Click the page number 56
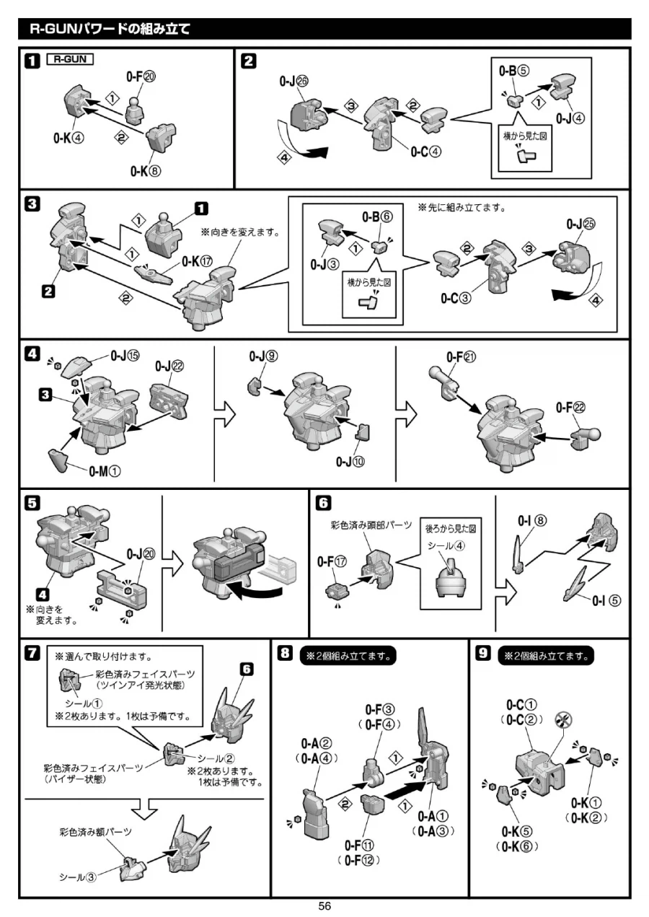point(324,906)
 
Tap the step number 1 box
point(32,61)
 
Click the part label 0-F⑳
point(138,77)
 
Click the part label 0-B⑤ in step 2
point(514,71)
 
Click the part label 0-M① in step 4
point(105,471)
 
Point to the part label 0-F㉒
point(570,408)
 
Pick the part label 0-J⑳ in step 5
point(140,553)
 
